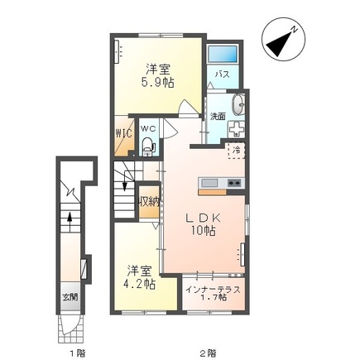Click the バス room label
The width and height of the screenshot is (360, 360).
click(x=222, y=74)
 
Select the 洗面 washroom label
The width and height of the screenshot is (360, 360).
click(x=218, y=116)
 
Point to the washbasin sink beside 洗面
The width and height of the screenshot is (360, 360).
click(x=238, y=105)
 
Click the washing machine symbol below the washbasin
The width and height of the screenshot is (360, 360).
click(x=235, y=131)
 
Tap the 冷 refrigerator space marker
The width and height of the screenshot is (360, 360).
click(x=237, y=151)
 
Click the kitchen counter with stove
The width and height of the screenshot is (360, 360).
click(x=220, y=182)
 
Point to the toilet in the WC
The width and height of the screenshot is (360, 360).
click(x=148, y=147)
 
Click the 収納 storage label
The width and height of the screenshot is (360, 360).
click(x=148, y=200)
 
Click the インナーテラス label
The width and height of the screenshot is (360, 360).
click(x=214, y=289)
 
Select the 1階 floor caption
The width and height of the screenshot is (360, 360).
click(x=76, y=353)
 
